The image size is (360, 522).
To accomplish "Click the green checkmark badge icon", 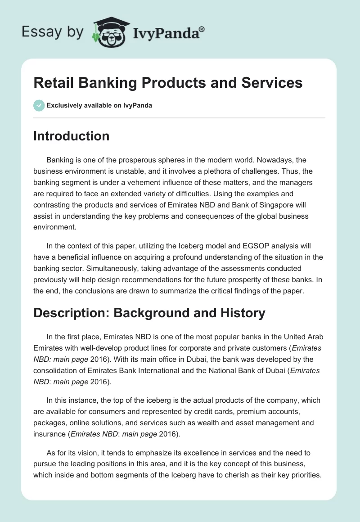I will coord(39,106).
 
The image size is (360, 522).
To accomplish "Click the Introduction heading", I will coord(71,136).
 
